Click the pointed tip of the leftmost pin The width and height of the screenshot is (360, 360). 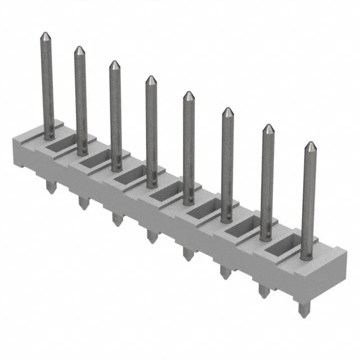pos(46,35)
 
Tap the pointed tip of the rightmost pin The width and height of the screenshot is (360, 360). pos(309,145)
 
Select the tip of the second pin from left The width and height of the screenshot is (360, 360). pos(79,49)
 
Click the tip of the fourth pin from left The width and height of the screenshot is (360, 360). pos(150,78)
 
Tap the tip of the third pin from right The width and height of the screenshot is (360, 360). pos(227,110)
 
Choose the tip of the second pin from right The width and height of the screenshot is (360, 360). pos(268,127)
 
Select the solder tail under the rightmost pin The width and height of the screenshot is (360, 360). pos(304,308)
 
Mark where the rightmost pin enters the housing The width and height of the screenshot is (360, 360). pos(306,258)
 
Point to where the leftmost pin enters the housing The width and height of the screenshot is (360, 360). pos(49,136)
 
